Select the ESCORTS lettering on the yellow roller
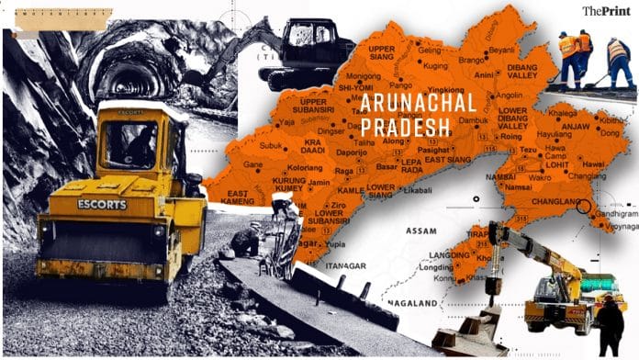pos(102,204)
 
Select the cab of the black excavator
pos(308,41)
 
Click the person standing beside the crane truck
pos(609,327)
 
